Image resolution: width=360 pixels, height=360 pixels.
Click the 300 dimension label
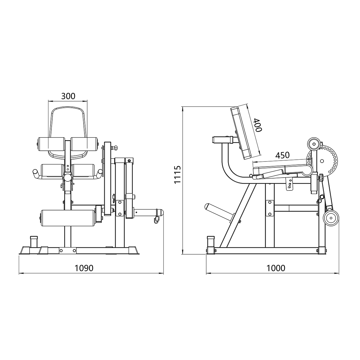(x=68, y=96)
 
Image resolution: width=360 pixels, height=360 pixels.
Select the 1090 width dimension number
(x=84, y=268)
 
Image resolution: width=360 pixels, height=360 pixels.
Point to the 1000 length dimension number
(x=276, y=268)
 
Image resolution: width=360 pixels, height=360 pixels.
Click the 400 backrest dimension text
(x=257, y=125)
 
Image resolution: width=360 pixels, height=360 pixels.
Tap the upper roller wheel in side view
(x=314, y=144)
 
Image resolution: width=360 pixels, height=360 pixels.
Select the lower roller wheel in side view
(x=331, y=219)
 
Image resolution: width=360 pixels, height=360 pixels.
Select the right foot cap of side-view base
(x=322, y=250)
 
